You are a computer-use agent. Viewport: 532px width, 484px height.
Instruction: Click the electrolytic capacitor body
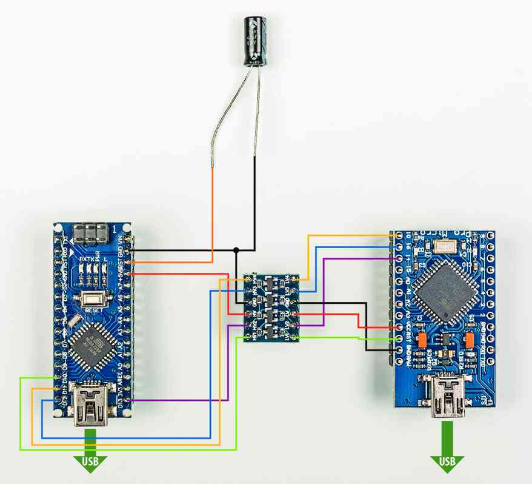254,41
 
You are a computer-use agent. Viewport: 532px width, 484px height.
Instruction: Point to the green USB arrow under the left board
90,455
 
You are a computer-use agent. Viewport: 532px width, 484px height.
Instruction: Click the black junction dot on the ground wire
236,249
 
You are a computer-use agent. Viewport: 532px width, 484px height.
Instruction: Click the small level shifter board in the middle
271,307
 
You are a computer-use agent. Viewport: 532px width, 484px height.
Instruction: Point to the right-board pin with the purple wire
399,259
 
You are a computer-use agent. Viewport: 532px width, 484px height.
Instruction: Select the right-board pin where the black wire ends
399,351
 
